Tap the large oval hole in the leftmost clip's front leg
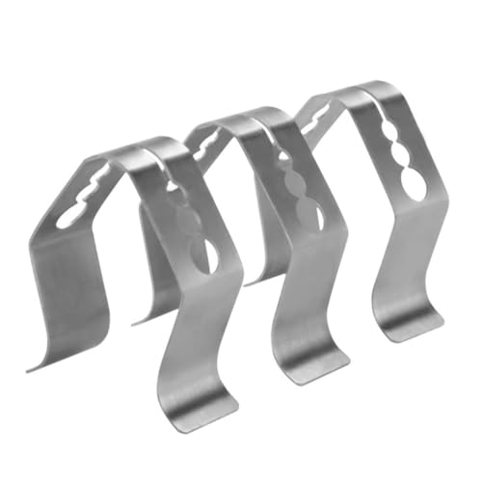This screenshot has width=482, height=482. coord(202,253)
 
